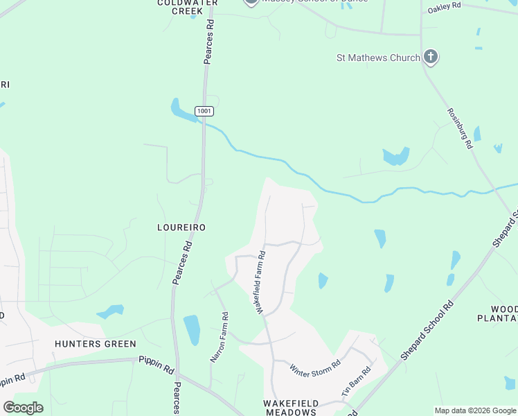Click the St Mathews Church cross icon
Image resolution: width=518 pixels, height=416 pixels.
tap(430, 58)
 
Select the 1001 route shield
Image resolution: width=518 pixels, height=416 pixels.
tap(204, 111)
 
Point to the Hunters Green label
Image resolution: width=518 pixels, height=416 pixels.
tap(96, 344)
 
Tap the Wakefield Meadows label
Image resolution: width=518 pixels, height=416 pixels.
tap(291, 407)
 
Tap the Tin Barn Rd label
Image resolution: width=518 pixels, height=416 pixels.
tap(356, 382)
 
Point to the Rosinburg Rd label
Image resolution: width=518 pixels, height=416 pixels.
tap(459, 128)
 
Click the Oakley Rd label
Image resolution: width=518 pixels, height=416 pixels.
tap(444, 6)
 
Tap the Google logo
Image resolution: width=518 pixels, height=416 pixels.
tap(23, 407)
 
